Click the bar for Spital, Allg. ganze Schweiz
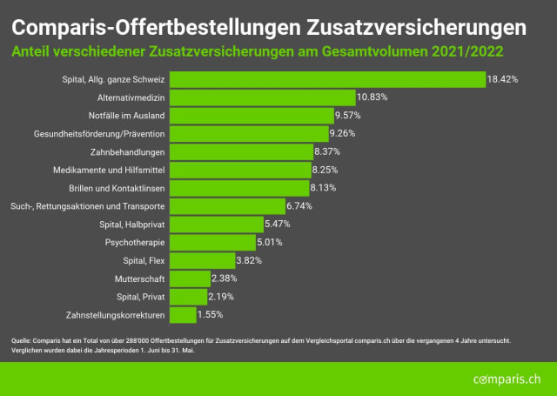(x=327, y=79)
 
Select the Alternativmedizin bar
(x=263, y=97)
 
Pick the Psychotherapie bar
(x=213, y=241)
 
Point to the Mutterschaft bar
(x=190, y=278)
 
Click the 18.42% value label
(x=503, y=79)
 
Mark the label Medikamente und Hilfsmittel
(x=115, y=170)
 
